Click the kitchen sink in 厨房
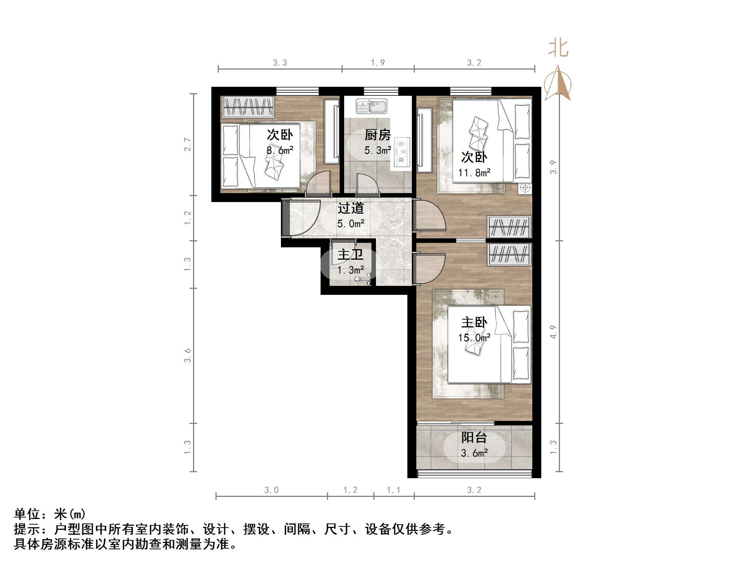pyautogui.click(x=371, y=106)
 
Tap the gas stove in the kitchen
pyautogui.click(x=402, y=152)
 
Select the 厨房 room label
pyautogui.click(x=377, y=135)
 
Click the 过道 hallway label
pyautogui.click(x=351, y=208)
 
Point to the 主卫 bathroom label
pyautogui.click(x=351, y=255)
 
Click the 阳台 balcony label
pyautogui.click(x=474, y=437)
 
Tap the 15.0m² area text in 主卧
pyautogui.click(x=474, y=338)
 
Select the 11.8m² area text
pyautogui.click(x=474, y=173)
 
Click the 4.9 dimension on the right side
pyautogui.click(x=553, y=332)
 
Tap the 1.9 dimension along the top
pyautogui.click(x=378, y=62)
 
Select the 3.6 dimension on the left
pyautogui.click(x=187, y=355)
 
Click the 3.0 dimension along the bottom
pyautogui.click(x=272, y=490)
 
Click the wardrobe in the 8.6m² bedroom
pyautogui.click(x=248, y=107)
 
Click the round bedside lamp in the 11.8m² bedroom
pyautogui.click(x=525, y=187)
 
